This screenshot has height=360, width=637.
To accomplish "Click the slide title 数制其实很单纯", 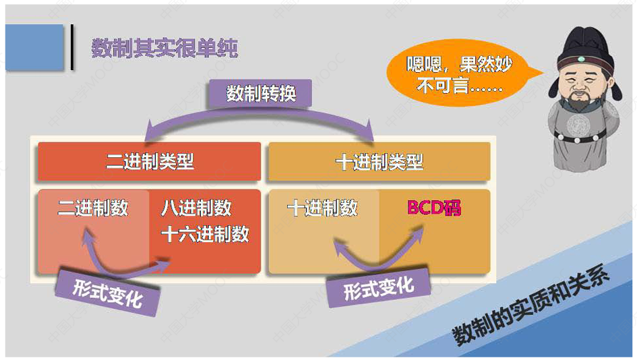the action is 164,49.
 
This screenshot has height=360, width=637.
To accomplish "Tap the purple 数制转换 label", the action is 261,94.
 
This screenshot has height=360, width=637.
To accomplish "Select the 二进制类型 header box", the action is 149,162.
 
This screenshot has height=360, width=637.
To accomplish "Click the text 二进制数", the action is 93,208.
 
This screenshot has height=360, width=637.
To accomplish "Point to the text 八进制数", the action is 196,208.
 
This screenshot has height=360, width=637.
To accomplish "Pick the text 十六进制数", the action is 206,234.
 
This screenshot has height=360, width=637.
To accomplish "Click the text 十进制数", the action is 322,208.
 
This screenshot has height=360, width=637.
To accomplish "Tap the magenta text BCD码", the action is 434,208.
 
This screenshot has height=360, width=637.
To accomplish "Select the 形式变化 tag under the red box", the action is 108,292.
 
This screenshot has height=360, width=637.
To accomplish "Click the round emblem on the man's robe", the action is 579,125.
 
